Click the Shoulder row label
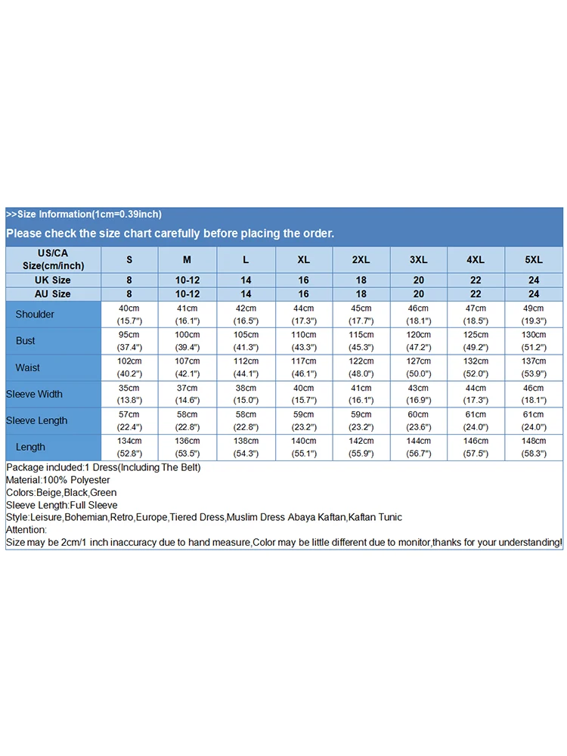(x=36, y=314)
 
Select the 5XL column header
(x=534, y=259)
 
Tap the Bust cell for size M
(x=187, y=341)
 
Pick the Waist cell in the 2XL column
(x=361, y=367)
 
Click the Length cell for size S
(x=129, y=447)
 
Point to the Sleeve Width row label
(x=34, y=394)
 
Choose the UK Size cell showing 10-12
(x=187, y=280)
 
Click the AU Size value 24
(x=534, y=293)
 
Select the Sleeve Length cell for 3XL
(x=418, y=420)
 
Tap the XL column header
(x=303, y=259)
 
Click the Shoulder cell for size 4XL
(x=476, y=314)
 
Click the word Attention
(x=26, y=530)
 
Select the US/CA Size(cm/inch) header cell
(x=53, y=259)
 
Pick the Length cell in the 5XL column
(x=534, y=447)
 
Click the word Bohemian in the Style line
(x=90, y=517)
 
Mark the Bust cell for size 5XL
(x=534, y=341)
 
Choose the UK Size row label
(x=53, y=280)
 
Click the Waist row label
(x=28, y=367)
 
